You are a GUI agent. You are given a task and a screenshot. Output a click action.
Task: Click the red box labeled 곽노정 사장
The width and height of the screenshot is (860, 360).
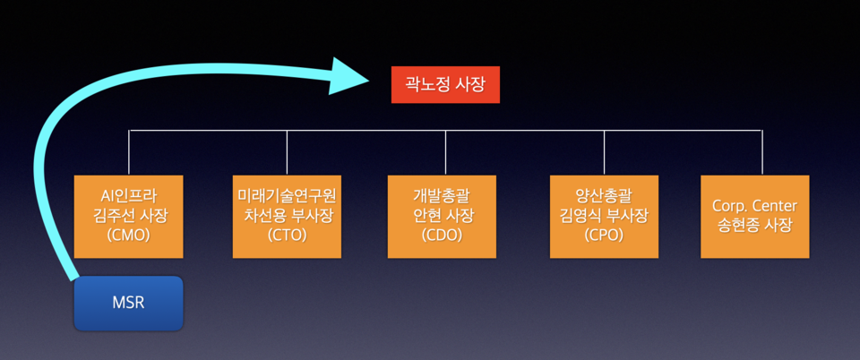click(445, 85)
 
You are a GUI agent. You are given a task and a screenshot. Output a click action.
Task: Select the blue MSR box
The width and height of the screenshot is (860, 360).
click(128, 303)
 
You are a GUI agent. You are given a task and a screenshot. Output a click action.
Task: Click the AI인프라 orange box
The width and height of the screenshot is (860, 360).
click(129, 216)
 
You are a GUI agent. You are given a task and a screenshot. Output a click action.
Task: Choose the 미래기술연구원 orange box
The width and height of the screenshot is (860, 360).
click(287, 216)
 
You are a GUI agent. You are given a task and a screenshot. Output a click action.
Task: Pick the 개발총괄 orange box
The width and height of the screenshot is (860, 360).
click(442, 216)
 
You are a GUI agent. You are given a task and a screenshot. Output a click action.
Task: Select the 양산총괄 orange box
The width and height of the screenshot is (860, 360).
click(604, 216)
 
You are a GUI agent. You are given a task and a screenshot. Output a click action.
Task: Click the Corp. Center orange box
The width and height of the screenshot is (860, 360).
click(761, 216)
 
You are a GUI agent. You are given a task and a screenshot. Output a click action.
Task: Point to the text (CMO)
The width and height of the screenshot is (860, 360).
click(129, 236)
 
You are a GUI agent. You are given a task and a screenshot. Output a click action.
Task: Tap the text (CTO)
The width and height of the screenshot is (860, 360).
click(287, 236)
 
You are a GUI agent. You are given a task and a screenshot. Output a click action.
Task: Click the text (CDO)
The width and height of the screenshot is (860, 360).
click(442, 236)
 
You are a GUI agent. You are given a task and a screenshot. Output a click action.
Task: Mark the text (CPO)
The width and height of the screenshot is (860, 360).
click(604, 236)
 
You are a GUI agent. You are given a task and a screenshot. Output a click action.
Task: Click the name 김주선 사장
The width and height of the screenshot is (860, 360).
click(129, 216)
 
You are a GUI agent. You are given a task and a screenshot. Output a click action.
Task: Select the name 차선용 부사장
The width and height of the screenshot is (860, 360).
click(287, 216)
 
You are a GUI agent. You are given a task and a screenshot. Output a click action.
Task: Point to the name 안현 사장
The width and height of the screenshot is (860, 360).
click(442, 216)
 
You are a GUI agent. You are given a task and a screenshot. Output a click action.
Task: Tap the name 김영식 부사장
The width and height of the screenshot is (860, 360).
click(604, 216)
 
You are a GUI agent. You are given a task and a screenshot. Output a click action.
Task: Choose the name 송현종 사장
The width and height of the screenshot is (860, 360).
click(761, 226)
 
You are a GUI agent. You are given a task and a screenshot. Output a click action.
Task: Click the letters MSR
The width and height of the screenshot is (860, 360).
click(128, 303)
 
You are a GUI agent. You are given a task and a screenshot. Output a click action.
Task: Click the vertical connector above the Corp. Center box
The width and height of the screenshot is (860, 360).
click(762, 152)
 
